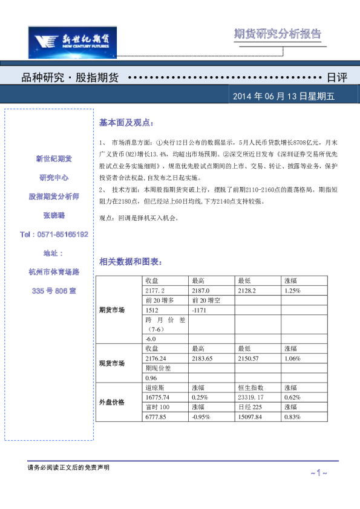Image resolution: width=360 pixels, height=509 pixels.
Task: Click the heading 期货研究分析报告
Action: [x=277, y=34]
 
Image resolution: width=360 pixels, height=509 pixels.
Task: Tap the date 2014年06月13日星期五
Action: [x=283, y=96]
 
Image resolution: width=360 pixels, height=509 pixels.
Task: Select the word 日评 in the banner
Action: [x=336, y=78]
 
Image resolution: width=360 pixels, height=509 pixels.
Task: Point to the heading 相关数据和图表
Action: [x=130, y=262]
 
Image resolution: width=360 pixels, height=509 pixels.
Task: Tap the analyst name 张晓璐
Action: [x=54, y=215]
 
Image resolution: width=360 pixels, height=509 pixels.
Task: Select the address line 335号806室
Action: [x=54, y=291]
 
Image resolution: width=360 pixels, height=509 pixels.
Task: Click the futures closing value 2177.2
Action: [x=155, y=291]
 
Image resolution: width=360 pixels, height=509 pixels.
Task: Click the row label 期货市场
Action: [x=112, y=310]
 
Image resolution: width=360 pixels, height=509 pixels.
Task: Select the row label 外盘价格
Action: [x=112, y=401]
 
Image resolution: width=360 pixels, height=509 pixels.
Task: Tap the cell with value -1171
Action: [x=199, y=310]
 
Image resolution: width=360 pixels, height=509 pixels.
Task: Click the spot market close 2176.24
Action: [x=157, y=358]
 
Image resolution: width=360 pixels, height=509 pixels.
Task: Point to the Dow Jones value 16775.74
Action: [x=158, y=397]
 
